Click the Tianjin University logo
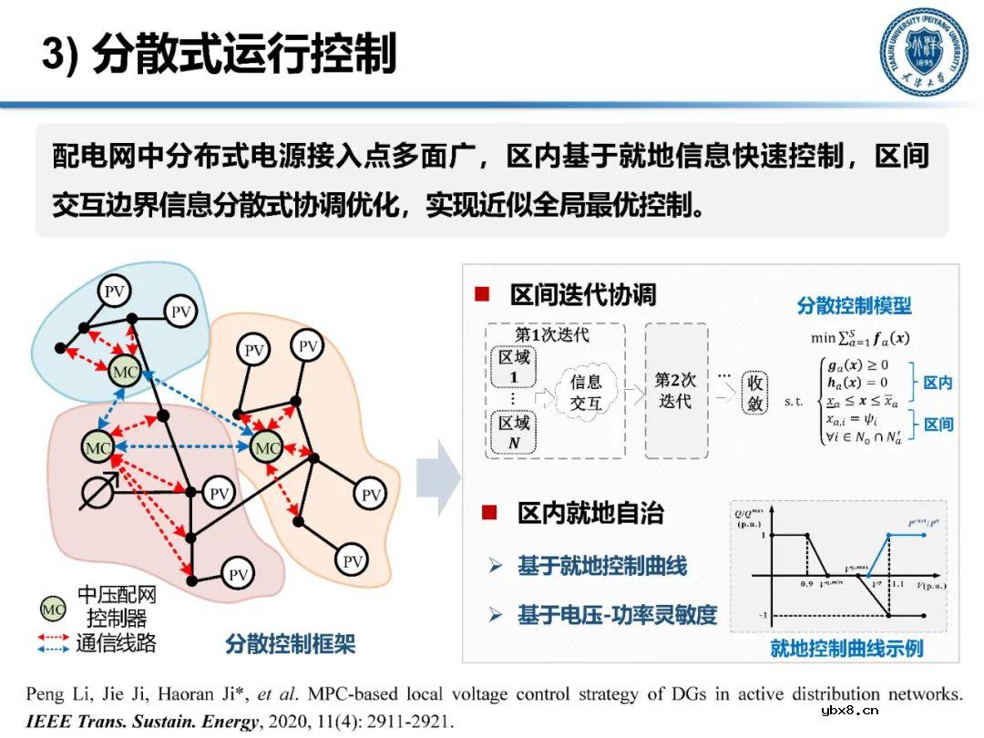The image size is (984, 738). pos(922,53)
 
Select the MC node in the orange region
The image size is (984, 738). pos(266,448)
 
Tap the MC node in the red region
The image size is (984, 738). pos(97,448)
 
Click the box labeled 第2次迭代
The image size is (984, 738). pos(676,390)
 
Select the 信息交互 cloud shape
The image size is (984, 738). pos(586,393)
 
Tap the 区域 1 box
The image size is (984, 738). pos(513,366)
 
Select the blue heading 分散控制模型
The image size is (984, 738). pos(854,305)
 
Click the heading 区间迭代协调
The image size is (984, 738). pos(583,294)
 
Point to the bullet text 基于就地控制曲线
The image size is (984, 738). pos(602,566)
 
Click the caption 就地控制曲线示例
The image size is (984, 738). pos(846,649)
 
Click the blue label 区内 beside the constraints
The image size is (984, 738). pos(938,383)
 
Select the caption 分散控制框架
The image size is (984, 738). pos(290,645)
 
